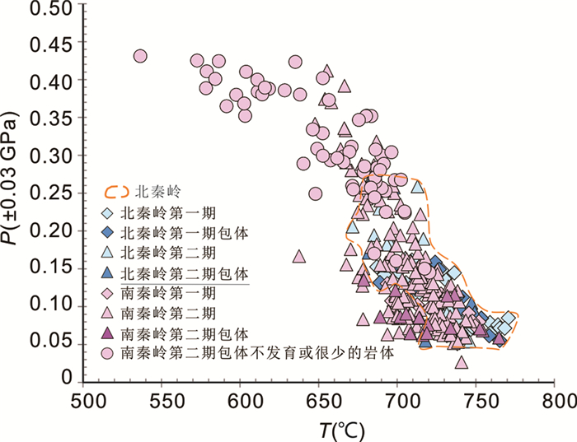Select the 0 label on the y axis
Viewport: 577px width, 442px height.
tap(71, 379)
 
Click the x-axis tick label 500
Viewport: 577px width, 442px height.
tap(84, 401)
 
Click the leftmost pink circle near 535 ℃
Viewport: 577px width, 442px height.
tap(140, 56)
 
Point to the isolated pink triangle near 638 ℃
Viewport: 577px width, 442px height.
tap(299, 256)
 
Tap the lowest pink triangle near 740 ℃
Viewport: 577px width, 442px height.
tap(462, 361)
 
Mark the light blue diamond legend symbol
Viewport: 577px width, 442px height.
tap(109, 212)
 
